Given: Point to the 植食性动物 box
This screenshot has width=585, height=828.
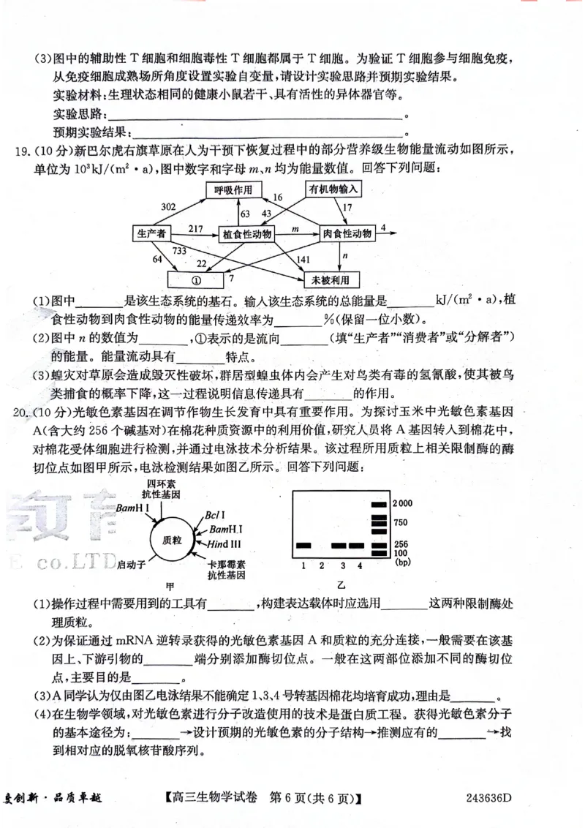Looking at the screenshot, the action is pos(246,235).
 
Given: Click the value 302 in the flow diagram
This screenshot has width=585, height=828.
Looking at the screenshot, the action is pos(169,207).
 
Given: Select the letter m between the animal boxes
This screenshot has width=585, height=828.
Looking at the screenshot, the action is pos(295,229).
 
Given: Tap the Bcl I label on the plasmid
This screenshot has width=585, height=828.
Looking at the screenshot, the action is pos(215,516).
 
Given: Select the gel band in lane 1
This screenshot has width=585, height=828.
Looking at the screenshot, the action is pos(303,546).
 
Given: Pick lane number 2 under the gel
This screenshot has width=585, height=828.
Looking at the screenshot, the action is pos(322,565).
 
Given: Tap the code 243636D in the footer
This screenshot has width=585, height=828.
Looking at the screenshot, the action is pos(485,797).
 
